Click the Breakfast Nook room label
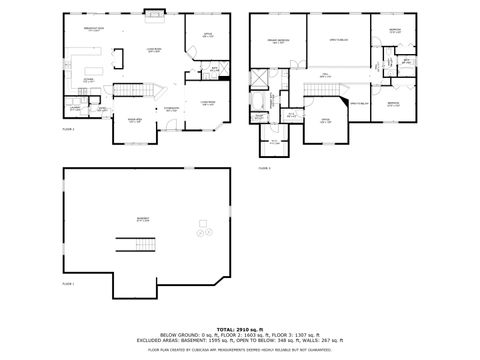[x=95, y=29]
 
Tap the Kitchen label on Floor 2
[x=88, y=80]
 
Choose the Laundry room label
[x=75, y=105]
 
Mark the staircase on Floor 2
[x=127, y=92]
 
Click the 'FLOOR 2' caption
[x=69, y=129]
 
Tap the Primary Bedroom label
[x=277, y=41]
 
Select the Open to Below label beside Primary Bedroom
[x=339, y=39]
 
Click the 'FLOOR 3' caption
[x=264, y=168]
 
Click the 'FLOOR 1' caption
[x=68, y=284]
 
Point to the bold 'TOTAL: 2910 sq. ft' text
[x=240, y=327]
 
